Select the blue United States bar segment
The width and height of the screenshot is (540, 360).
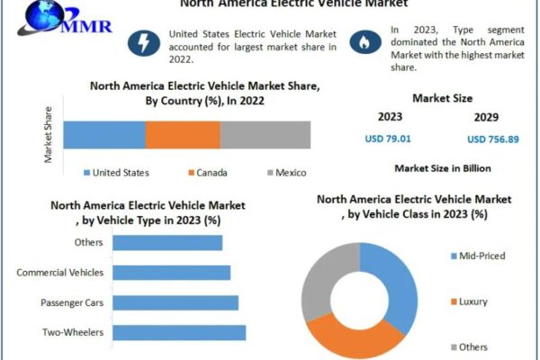tap(103, 135)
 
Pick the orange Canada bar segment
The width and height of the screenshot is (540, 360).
tap(183, 135)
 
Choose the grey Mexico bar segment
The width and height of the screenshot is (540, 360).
tap(265, 135)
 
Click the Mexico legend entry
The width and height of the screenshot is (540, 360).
tap(287, 173)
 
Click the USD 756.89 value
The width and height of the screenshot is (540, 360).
tap(492, 139)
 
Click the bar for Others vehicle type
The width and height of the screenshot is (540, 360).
tap(168, 242)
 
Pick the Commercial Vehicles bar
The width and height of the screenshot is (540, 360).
tap(172, 272)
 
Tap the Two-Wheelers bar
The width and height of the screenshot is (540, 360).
tap(180, 332)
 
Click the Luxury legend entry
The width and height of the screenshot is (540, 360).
tap(472, 301)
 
